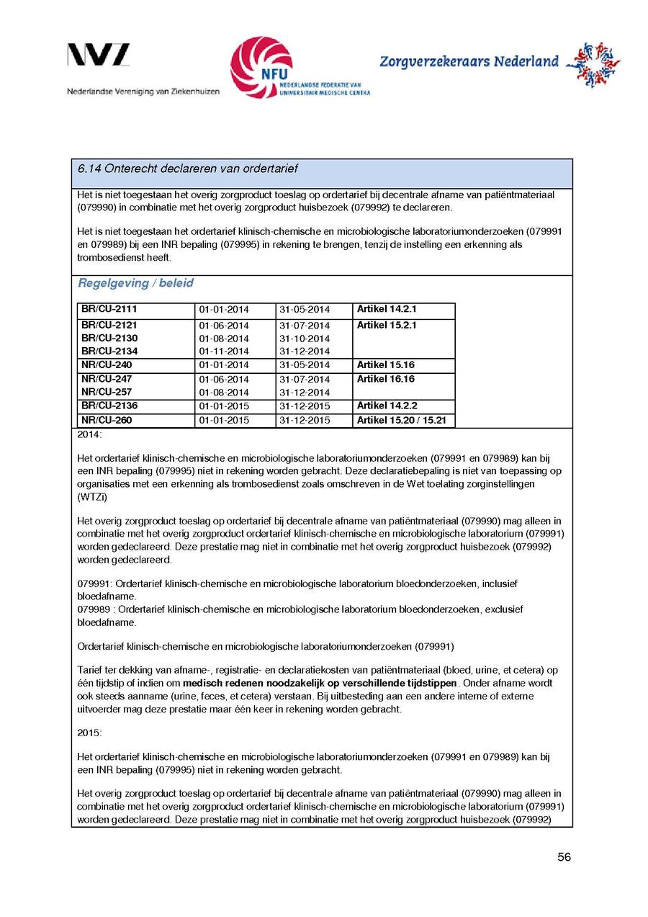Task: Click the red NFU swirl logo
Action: tap(261, 67)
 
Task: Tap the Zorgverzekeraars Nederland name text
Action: tap(469, 62)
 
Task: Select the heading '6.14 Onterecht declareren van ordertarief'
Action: tap(187, 169)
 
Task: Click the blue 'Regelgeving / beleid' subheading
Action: tap(135, 283)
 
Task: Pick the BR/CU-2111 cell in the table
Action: tap(109, 309)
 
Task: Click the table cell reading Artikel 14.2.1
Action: tap(387, 309)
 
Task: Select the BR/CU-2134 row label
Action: tap(109, 351)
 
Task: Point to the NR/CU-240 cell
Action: tap(106, 365)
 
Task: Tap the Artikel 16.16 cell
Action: tap(385, 379)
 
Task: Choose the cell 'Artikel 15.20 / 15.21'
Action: tap(402, 420)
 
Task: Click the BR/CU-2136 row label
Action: tap(109, 406)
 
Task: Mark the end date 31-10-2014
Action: tap(305, 339)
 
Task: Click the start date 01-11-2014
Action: tap(224, 352)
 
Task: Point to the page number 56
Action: tap(564, 857)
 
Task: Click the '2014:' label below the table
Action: tap(90, 435)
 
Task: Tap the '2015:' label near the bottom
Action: tap(90, 733)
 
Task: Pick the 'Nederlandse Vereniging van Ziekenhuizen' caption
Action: tap(143, 91)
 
